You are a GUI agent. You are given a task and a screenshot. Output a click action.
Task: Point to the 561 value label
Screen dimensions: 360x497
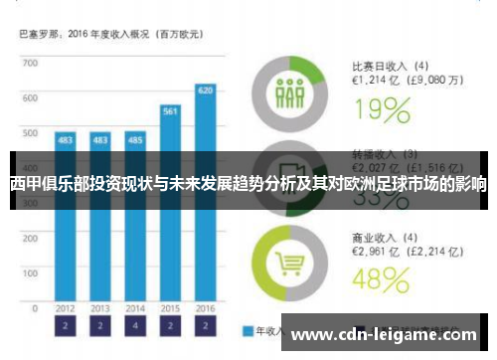(x=170, y=110)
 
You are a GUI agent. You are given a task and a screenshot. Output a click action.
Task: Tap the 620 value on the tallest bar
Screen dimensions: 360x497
(x=205, y=90)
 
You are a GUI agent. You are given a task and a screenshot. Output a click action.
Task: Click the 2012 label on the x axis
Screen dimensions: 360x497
(x=66, y=308)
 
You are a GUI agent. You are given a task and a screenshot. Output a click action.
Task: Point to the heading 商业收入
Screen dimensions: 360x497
(x=371, y=238)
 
